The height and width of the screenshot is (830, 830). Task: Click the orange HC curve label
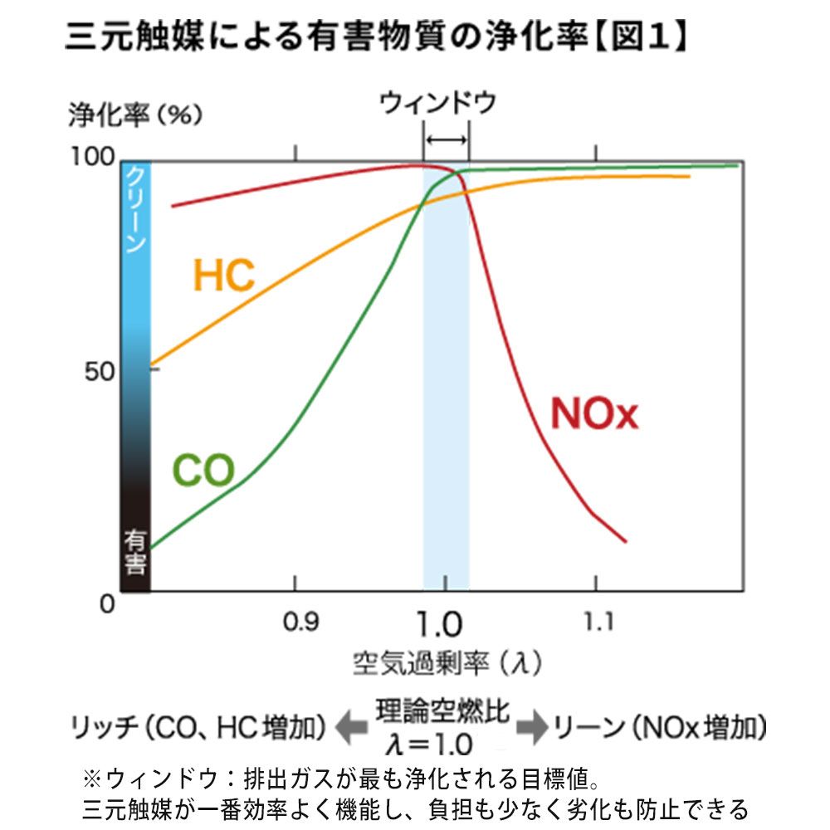click(x=223, y=276)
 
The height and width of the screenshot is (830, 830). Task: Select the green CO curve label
click(x=203, y=471)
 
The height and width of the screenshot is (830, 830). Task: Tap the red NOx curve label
click(x=594, y=413)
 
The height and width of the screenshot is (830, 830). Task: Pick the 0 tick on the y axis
click(x=106, y=603)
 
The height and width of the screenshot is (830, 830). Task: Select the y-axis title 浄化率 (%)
click(x=134, y=115)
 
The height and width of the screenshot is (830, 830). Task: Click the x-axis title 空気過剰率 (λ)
click(x=447, y=663)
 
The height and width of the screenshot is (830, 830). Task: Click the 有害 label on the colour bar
click(x=136, y=553)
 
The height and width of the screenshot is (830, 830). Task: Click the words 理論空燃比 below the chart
click(x=442, y=713)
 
